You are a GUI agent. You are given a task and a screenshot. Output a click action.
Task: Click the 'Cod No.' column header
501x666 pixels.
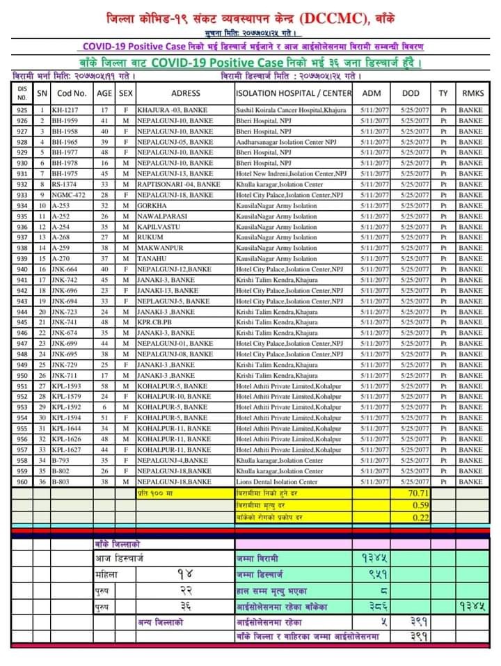point(72,93)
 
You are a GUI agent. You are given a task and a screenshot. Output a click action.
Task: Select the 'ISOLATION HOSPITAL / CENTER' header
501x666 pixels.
point(294,93)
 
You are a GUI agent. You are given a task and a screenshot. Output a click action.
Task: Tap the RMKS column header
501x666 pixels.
point(470,93)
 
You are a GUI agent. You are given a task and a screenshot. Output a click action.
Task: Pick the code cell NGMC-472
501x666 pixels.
point(68,196)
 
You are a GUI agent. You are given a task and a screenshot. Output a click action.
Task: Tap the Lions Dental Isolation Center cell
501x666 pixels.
point(280,482)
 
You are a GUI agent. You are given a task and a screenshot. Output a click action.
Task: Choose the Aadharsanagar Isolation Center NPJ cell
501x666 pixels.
point(287,142)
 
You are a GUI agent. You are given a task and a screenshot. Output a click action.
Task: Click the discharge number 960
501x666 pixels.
point(22,482)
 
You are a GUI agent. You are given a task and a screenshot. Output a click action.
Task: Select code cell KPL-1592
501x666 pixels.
point(67,407)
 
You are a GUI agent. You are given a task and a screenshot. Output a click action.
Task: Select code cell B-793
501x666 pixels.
point(61,460)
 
